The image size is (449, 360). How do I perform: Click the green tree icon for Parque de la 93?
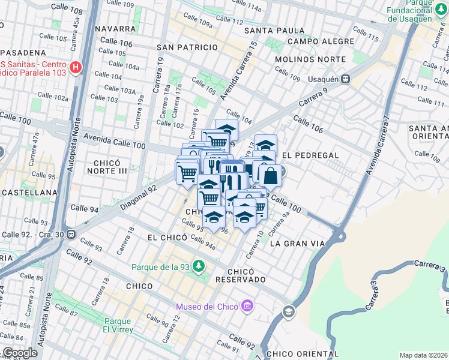[x=199, y=266]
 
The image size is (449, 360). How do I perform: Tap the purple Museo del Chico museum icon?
[x=247, y=307]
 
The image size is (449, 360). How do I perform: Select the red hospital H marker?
[x=75, y=67]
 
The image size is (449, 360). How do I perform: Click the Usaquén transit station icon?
[x=346, y=79]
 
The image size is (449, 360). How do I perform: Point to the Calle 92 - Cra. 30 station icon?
[x=71, y=234]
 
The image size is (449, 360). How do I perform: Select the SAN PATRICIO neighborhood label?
[x=187, y=47]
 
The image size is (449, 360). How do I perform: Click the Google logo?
[x=19, y=352]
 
